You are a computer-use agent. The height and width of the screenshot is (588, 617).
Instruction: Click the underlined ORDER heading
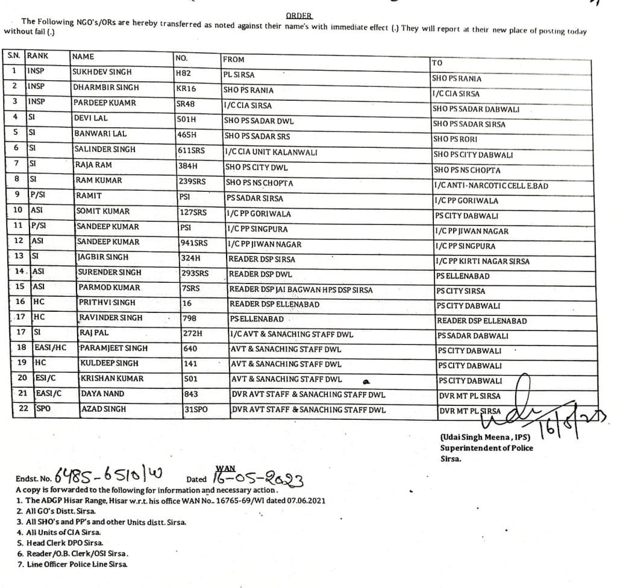[299, 16]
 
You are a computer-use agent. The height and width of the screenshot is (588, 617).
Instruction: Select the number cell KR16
[186, 89]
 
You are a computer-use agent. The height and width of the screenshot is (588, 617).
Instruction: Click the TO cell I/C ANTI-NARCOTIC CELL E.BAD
[490, 186]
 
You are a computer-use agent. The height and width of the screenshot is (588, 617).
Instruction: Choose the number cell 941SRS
[193, 243]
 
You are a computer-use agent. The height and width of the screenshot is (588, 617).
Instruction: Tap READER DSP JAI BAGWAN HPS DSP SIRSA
[301, 289]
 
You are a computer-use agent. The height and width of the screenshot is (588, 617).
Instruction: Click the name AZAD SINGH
[103, 409]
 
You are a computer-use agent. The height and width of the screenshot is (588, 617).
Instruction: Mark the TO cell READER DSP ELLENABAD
[481, 321]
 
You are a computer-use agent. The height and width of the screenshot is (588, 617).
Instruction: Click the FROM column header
[234, 59]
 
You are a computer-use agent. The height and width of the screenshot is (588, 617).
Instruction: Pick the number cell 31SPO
[196, 409]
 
